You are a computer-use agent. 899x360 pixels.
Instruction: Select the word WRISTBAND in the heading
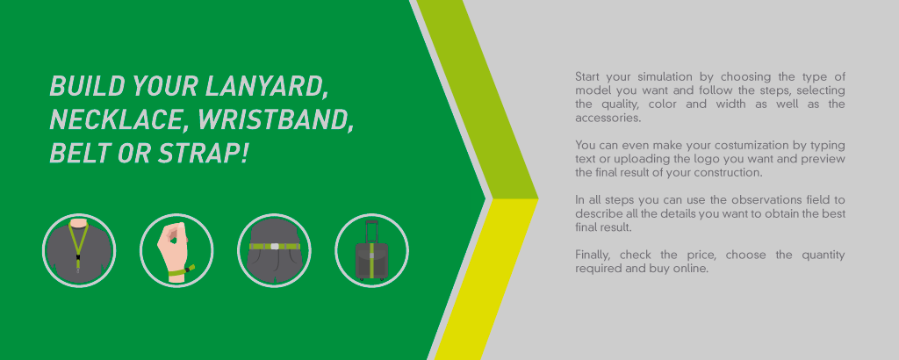coord(275,119)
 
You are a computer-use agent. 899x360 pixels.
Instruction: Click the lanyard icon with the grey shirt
coord(79,250)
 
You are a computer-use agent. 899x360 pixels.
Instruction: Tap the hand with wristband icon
coord(176,250)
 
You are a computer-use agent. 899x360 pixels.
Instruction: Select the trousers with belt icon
coord(274,250)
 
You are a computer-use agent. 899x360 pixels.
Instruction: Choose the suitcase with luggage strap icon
coord(371,250)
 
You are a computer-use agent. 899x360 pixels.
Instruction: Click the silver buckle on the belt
coord(275,247)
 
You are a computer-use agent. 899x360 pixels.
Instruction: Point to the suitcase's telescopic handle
coord(371,231)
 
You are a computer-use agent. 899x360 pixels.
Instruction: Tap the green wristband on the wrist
coord(179,270)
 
